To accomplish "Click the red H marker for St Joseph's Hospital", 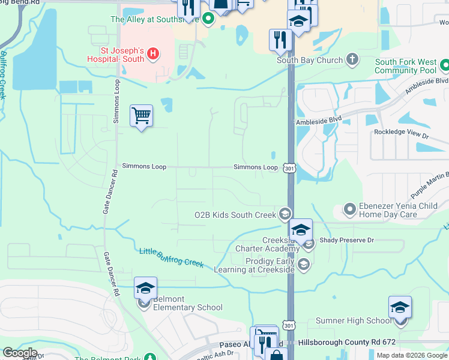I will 153,55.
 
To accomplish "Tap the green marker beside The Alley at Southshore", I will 208,20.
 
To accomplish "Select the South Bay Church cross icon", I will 352,60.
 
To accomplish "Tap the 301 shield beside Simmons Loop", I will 290,168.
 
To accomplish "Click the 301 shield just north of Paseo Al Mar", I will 290,325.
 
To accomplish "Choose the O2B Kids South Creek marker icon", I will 285,214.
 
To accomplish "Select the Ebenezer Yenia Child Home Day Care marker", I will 349,209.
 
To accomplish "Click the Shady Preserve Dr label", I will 346,241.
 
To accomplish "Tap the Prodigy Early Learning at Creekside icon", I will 304,265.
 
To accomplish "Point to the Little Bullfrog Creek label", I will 172,258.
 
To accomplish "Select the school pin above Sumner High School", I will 400,308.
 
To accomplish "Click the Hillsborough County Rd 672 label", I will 347,342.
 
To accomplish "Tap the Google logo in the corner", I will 20,353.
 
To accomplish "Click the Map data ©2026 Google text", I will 412,355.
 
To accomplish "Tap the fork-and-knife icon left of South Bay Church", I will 280,40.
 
